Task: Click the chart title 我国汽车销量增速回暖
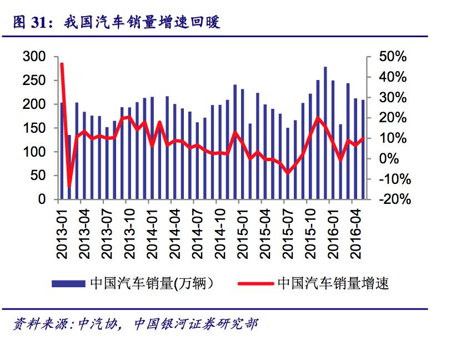pyautogui.click(x=142, y=22)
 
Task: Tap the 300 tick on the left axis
pyautogui.click(x=34, y=57)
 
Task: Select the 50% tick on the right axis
pyautogui.click(x=393, y=57)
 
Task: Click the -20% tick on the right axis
pyautogui.click(x=393, y=199)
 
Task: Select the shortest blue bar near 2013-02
pyautogui.click(x=69, y=167)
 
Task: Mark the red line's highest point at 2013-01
pyautogui.click(x=62, y=64)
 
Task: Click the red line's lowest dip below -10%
pyautogui.click(x=69, y=186)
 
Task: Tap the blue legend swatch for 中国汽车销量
pyautogui.click(x=69, y=283)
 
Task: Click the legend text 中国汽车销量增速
pyautogui.click(x=333, y=283)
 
